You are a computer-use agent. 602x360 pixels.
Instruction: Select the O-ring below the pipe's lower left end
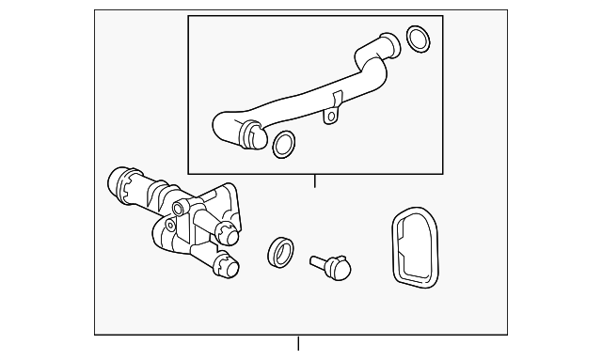[283, 144]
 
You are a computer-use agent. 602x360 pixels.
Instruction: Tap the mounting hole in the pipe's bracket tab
[330, 117]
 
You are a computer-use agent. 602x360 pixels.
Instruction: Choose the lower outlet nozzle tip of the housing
[228, 267]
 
